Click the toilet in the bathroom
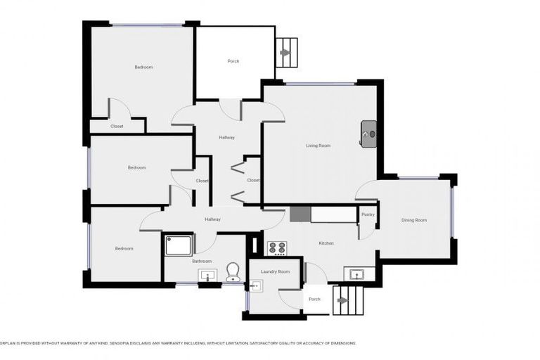point(233,272)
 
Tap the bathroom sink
point(206,275)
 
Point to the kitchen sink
point(354,274)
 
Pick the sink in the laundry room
point(256,285)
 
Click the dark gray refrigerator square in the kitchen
point(300,214)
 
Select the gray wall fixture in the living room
point(369,133)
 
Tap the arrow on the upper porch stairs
point(285,52)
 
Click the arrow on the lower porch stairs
point(342,300)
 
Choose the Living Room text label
point(318,146)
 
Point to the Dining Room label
point(413,220)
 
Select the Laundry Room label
point(275,271)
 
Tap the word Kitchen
point(326,243)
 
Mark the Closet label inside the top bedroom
point(117,126)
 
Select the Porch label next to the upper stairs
point(233,61)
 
